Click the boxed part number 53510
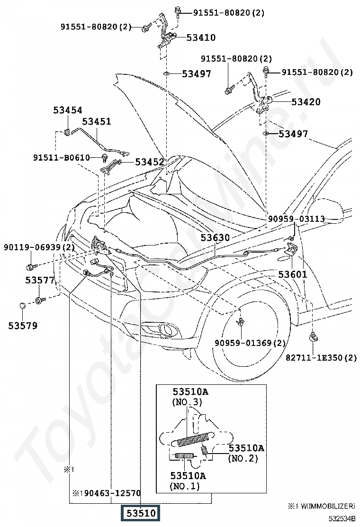pyautogui.click(x=141, y=513)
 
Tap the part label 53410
pyautogui.click(x=201, y=37)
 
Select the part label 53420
pyautogui.click(x=306, y=101)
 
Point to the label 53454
pyautogui.click(x=67, y=110)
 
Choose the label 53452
pyautogui.click(x=149, y=162)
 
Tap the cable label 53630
pyautogui.click(x=215, y=237)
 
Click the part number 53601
pyautogui.click(x=293, y=274)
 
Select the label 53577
pyautogui.click(x=40, y=280)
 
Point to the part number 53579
pyautogui.click(x=23, y=325)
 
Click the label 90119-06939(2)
pyautogui.click(x=39, y=247)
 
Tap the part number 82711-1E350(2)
pyautogui.click(x=321, y=358)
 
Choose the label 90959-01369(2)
pyautogui.click(x=250, y=343)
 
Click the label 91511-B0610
pyautogui.click(x=62, y=157)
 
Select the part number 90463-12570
pyautogui.click(x=112, y=493)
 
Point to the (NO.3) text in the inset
pyautogui.click(x=187, y=401)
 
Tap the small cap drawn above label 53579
pyautogui.click(x=23, y=306)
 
